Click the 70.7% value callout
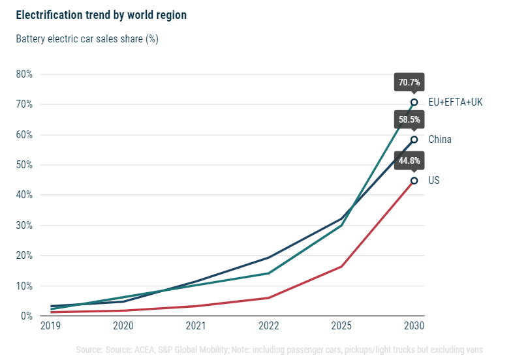point(409,83)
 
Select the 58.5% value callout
point(409,120)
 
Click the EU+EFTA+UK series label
point(455,102)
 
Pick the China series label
point(440,140)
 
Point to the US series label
point(434,180)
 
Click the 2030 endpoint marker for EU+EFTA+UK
point(414,102)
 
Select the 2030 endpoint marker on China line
point(414,140)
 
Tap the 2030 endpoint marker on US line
point(414,181)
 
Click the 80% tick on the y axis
point(24,74)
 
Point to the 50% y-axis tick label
point(24,165)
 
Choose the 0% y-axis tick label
point(27,316)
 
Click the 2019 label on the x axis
point(50,325)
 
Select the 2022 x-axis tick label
point(268,325)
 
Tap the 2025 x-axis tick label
point(341,325)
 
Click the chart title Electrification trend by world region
point(101,15)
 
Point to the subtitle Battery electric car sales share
point(87,38)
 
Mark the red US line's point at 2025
point(341,266)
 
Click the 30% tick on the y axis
point(24,226)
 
